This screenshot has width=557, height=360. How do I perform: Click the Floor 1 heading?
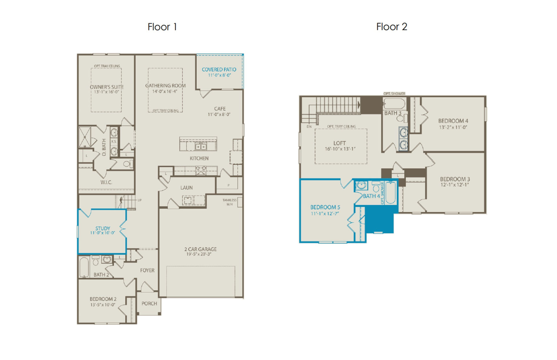point(162,27)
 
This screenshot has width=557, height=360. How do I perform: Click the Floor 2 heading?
point(392,27)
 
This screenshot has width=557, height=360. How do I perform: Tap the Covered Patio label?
point(219,69)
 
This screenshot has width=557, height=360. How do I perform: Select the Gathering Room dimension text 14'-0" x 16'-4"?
point(165,91)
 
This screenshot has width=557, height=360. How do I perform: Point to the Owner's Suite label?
point(106,87)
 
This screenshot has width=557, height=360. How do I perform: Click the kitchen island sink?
point(200,147)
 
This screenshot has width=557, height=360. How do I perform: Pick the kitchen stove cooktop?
point(201,170)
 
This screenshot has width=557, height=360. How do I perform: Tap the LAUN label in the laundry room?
point(187,188)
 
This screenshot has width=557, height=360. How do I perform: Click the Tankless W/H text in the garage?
point(229,202)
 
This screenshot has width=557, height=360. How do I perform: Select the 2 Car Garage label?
point(200,249)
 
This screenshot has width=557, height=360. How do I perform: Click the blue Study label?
point(103,228)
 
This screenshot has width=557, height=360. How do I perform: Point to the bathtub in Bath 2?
point(84,267)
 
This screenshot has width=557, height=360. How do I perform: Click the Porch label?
point(149,303)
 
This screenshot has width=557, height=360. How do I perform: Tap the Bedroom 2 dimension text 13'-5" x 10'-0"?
point(103,305)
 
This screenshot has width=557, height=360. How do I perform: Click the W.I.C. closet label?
point(106,182)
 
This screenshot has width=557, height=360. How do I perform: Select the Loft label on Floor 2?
point(339,143)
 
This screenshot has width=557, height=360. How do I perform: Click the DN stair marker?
point(309,127)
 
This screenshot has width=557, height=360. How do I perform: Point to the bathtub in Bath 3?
point(394,104)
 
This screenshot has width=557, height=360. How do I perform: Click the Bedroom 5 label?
point(325,207)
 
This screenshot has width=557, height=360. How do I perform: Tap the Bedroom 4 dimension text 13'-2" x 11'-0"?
point(453,127)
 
